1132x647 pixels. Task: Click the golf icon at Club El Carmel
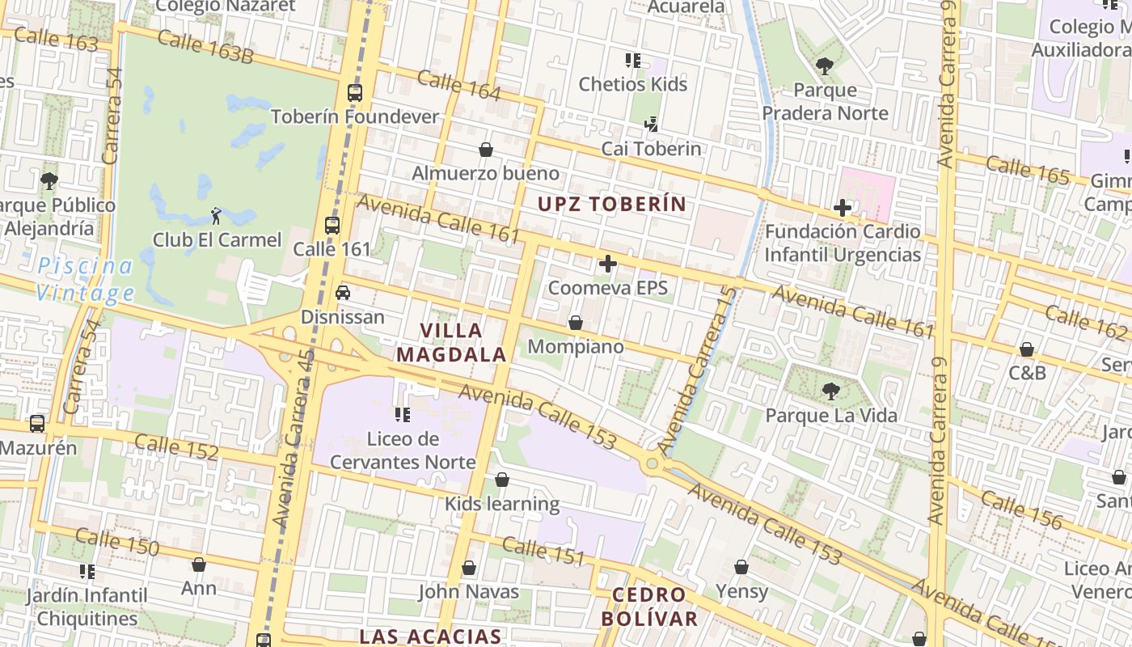(216, 216)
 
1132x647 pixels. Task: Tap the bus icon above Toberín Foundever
(355, 93)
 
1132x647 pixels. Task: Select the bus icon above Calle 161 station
(332, 226)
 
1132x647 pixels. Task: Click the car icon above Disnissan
(343, 293)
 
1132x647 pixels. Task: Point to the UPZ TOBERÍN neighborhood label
(612, 204)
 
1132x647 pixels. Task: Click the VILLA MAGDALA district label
(451, 342)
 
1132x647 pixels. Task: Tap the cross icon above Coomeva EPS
(608, 264)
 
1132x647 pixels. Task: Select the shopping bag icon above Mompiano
(576, 323)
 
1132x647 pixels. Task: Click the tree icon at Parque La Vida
(830, 392)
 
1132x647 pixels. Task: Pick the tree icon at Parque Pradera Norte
(825, 66)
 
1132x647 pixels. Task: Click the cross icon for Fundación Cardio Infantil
(843, 208)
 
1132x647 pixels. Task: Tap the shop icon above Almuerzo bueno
(486, 150)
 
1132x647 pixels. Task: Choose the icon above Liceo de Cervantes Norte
(402, 416)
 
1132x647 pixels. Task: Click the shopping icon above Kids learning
(502, 480)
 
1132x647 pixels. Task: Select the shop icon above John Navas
(469, 569)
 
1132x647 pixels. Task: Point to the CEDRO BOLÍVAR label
(648, 607)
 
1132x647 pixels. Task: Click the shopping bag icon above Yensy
(741, 568)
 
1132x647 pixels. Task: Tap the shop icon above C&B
(1026, 349)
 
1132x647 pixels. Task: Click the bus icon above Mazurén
(37, 424)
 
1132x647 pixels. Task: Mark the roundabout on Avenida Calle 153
(652, 464)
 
